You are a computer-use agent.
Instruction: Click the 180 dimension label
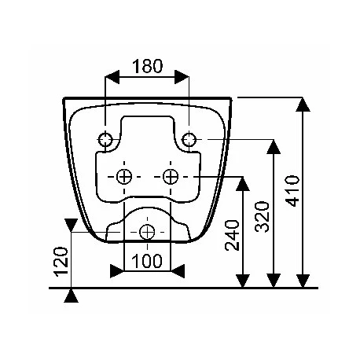pyautogui.click(x=148, y=66)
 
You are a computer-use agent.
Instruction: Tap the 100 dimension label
pyautogui.click(x=147, y=261)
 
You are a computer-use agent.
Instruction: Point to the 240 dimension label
pyautogui.click(x=233, y=235)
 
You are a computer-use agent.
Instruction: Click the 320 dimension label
pyautogui.click(x=263, y=216)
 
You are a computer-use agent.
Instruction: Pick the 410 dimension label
pyautogui.click(x=292, y=191)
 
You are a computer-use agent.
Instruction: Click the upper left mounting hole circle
pyautogui.click(x=105, y=139)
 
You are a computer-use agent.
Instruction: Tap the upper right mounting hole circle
pyautogui.click(x=189, y=139)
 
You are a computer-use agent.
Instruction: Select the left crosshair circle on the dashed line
pyautogui.click(x=124, y=177)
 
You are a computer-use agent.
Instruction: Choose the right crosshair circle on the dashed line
pyautogui.click(x=171, y=177)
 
